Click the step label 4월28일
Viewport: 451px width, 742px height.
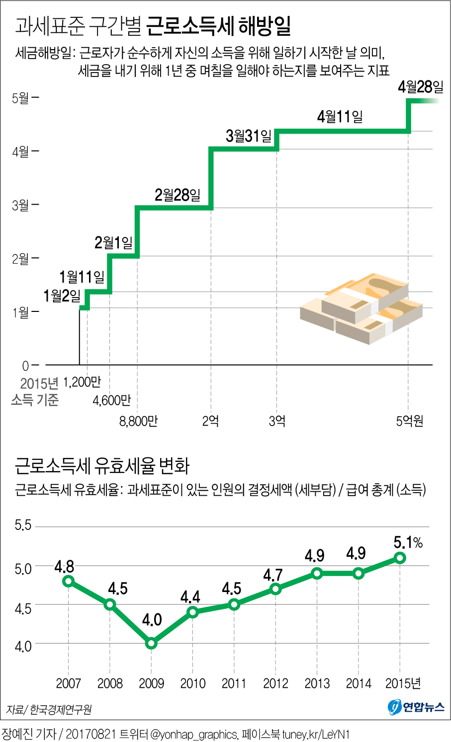coord(420,87)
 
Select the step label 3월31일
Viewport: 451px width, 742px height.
coord(249,136)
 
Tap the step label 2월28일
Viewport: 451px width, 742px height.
coord(178,195)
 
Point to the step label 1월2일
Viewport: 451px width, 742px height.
coord(62,296)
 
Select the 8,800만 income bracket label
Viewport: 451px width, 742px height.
coord(138,421)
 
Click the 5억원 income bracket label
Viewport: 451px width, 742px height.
coord(410,421)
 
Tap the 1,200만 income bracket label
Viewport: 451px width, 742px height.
coord(82,382)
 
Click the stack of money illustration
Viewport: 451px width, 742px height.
coord(361,308)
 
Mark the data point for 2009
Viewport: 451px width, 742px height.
coord(152,644)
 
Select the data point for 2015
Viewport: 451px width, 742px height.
coord(400,558)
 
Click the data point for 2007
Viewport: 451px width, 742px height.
coord(69,581)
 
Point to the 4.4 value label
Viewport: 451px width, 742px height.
coord(190,596)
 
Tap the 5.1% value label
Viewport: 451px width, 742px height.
coord(408,542)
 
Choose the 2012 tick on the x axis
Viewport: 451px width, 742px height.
coord(275,683)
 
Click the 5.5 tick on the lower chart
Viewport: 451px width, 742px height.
coord(23,525)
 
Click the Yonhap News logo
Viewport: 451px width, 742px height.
coord(416,706)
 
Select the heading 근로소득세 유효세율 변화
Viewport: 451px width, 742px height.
coord(102,466)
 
